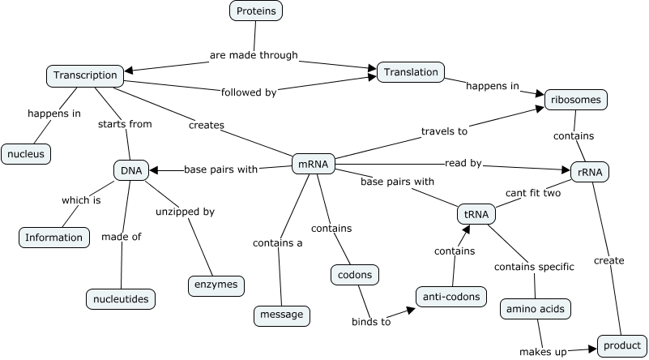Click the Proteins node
[x=256, y=11]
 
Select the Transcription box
[x=85, y=75]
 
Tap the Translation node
[x=411, y=72]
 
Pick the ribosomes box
[x=575, y=100]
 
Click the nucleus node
[x=26, y=152]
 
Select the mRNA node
[x=313, y=164]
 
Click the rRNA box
[x=589, y=171]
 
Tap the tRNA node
[x=476, y=214]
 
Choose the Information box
[x=53, y=237]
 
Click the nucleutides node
[x=121, y=298]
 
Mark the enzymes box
[x=216, y=285]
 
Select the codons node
[x=355, y=275]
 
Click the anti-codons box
[x=450, y=296]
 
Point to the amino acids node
[x=535, y=309]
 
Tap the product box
[x=621, y=345]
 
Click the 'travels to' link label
[x=445, y=131]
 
